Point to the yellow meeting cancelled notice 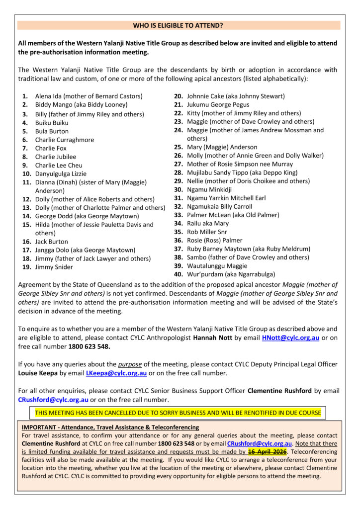[178, 413]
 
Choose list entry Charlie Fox [51, 148]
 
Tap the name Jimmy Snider [54, 267]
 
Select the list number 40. [178, 274]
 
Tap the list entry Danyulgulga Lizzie [61, 174]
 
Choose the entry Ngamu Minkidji [210, 189]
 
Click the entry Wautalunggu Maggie [217, 265]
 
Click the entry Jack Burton [52, 242]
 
